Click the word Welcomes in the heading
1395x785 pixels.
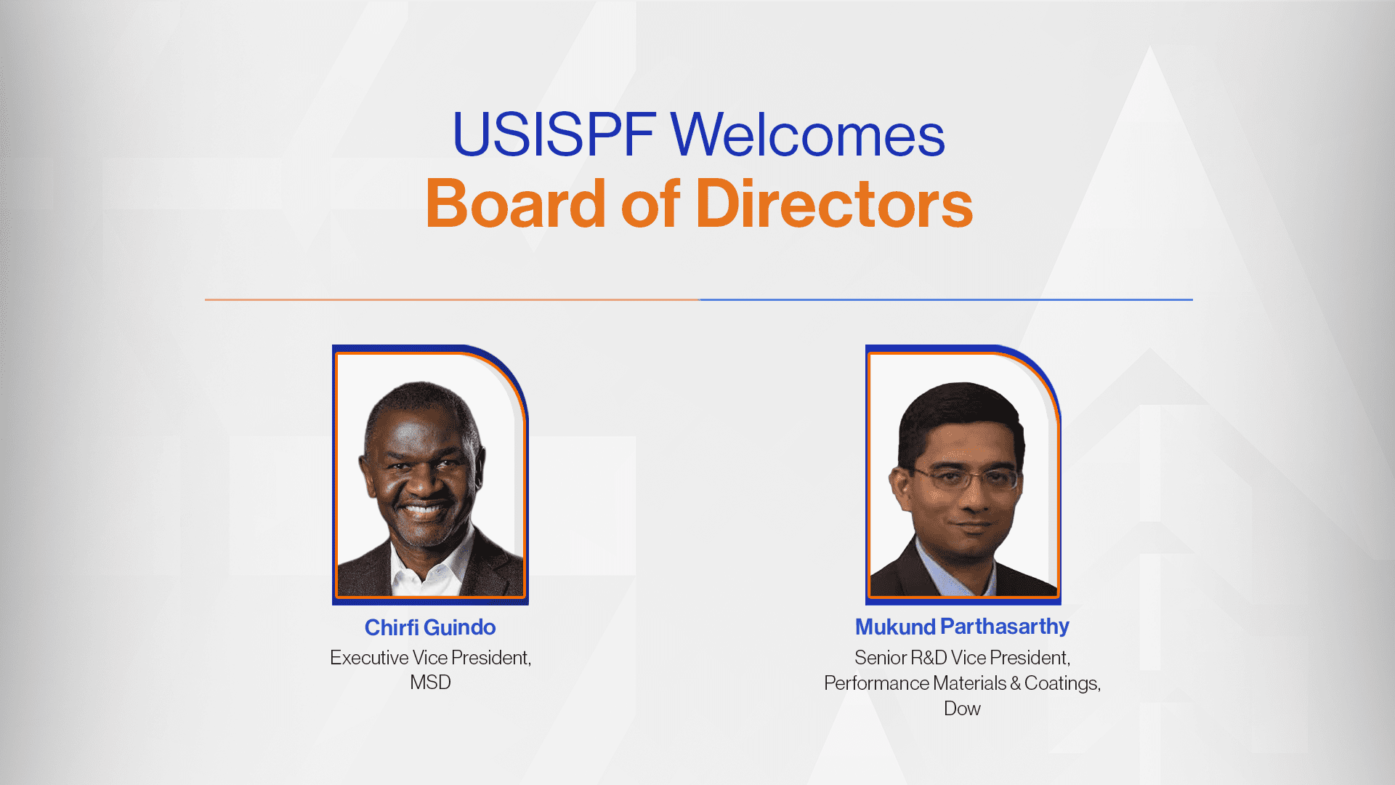807,134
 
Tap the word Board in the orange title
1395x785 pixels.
515,204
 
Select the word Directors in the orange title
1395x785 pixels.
834,204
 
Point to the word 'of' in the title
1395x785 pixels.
650,204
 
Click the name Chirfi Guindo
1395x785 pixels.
430,627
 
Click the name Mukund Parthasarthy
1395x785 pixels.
962,627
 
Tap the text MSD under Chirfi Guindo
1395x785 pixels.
430,683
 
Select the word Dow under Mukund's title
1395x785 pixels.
962,709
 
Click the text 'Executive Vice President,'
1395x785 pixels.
430,658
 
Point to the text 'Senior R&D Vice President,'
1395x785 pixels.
962,658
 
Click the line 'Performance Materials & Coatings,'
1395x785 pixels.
962,683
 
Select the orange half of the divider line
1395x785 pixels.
452,299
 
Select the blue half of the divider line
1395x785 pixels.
946,299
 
